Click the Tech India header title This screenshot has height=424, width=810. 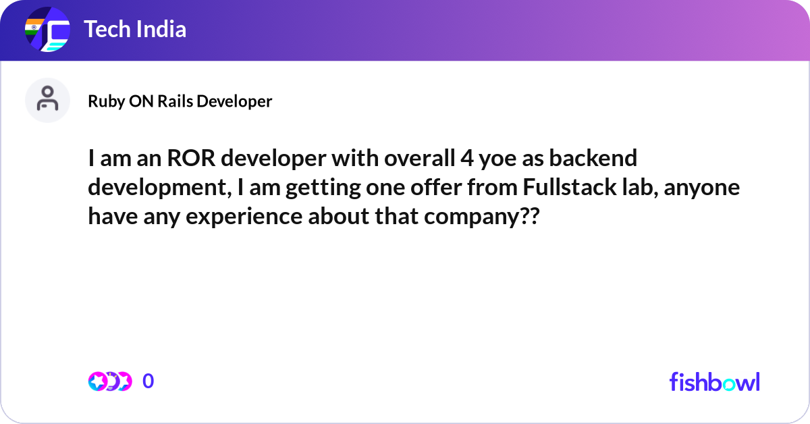tap(135, 29)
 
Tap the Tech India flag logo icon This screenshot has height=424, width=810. tap(47, 30)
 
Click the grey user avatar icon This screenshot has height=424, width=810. tap(47, 100)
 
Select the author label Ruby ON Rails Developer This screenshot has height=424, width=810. tap(180, 101)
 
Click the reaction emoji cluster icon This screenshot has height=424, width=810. tap(109, 381)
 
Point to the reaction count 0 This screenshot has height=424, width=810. tap(148, 381)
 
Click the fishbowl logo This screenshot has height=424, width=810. tap(714, 381)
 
